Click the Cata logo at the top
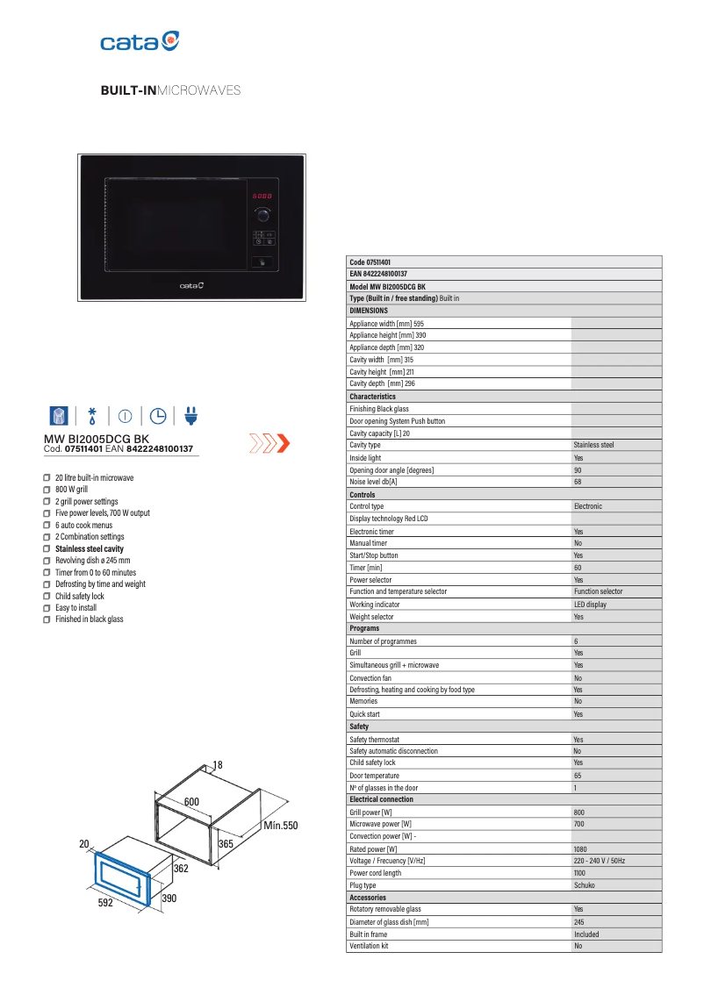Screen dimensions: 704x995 click(x=140, y=41)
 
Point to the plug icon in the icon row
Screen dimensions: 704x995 click(x=191, y=415)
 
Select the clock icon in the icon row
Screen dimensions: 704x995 click(x=158, y=415)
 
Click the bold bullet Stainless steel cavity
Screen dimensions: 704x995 click(x=90, y=548)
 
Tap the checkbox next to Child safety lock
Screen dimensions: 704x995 click(x=47, y=596)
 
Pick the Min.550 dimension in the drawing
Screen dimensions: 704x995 click(x=281, y=826)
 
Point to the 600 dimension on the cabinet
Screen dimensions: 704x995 click(x=191, y=802)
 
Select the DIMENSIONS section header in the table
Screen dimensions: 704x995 click(x=369, y=311)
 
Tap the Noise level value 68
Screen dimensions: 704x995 click(x=578, y=482)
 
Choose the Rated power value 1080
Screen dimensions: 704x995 click(x=581, y=848)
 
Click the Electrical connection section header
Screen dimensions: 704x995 click(x=381, y=799)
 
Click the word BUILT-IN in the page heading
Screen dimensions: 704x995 click(x=128, y=90)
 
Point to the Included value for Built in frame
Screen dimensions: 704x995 click(x=586, y=934)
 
